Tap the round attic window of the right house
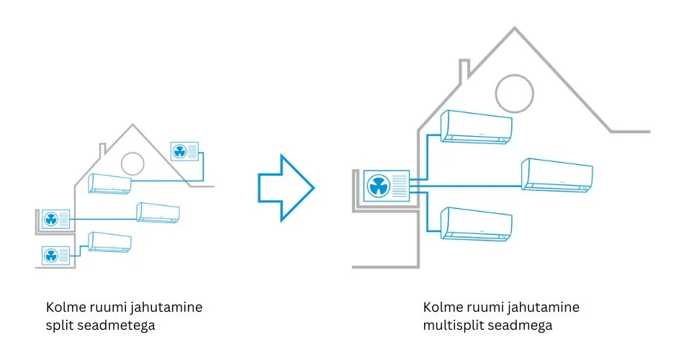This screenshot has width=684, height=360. (x=513, y=91)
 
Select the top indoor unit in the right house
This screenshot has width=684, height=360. (x=477, y=126)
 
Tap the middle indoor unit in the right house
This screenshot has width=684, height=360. (x=557, y=174)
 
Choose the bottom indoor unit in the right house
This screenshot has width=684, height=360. (x=477, y=223)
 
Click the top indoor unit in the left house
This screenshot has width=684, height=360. (x=110, y=184)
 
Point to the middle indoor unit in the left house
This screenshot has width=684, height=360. (x=158, y=212)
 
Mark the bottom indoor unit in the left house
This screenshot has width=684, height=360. (x=110, y=242)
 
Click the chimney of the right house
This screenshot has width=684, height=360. (x=464, y=70)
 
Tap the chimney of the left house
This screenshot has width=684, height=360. (x=103, y=150)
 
